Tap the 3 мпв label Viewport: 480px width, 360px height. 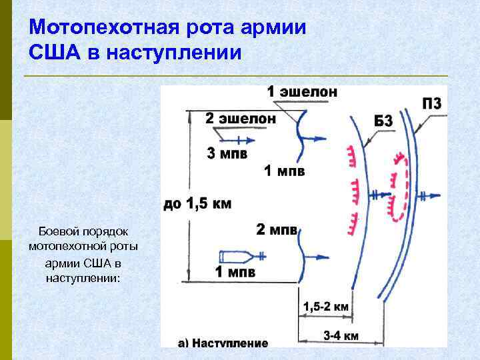point(227,155)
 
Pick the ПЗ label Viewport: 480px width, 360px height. point(431,103)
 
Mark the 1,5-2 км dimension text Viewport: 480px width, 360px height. point(326,307)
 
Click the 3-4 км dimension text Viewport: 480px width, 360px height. point(341,336)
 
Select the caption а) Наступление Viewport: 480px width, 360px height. point(223,343)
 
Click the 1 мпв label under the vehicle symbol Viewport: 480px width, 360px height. point(235,272)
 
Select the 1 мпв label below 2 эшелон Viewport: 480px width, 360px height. point(285,172)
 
